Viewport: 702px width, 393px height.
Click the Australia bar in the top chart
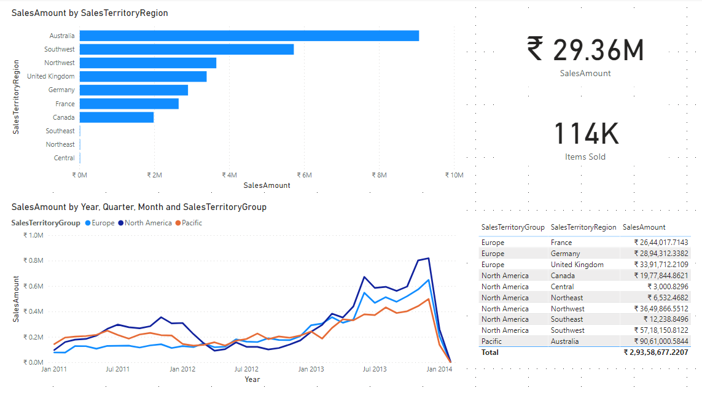[x=249, y=36]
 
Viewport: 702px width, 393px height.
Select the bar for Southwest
[x=186, y=49]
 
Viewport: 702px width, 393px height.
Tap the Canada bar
[x=116, y=117]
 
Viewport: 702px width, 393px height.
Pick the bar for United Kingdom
[x=142, y=76]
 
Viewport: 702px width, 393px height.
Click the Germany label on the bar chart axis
[x=61, y=90]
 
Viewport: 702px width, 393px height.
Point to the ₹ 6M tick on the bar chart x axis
[x=304, y=175]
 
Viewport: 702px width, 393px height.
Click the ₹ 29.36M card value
[x=585, y=50]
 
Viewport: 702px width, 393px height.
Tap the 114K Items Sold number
[x=585, y=134]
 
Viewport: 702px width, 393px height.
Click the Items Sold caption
[x=585, y=157]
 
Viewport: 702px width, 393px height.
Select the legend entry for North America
[x=148, y=223]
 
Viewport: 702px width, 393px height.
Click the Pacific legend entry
[x=192, y=223]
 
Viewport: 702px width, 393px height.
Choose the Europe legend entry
[x=103, y=223]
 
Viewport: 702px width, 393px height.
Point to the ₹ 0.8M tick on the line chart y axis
[x=33, y=260]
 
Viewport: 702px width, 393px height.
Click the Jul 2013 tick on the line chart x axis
[x=375, y=369]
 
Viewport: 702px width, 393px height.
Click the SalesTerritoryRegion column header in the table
[x=583, y=227]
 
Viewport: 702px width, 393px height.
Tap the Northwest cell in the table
[x=567, y=309]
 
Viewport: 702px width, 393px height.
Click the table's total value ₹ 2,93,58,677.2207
[x=656, y=352]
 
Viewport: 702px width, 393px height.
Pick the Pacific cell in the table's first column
[x=491, y=341]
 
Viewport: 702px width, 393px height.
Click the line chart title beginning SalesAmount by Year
[x=139, y=207]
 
